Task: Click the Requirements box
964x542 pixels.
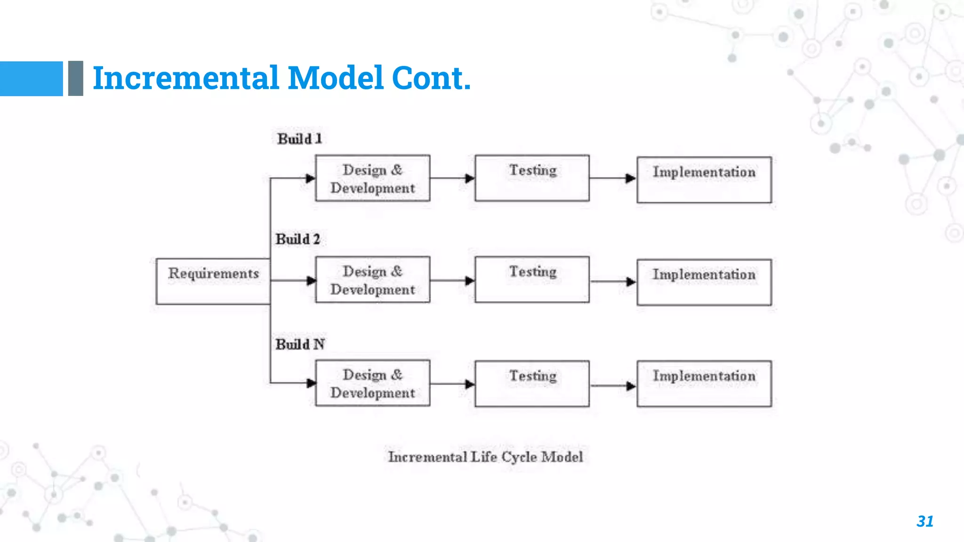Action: [213, 281]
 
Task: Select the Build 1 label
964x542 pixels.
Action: [299, 139]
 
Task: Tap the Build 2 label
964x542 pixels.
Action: [297, 239]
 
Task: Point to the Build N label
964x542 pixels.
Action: [300, 344]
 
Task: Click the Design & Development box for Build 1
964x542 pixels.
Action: [372, 178]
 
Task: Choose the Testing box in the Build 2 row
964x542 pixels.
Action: [532, 279]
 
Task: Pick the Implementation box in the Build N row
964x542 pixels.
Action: [704, 383]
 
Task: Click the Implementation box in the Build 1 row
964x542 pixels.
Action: [704, 180]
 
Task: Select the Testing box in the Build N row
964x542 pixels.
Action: [532, 383]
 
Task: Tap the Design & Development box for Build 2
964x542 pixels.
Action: [372, 279]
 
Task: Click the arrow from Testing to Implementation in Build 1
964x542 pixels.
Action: [612, 178]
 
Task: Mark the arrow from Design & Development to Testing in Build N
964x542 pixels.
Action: [452, 384]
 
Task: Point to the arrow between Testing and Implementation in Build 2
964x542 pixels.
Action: [612, 281]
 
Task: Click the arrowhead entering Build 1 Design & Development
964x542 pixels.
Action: [310, 178]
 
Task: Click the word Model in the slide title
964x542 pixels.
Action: [336, 78]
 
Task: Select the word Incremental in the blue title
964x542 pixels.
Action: [186, 78]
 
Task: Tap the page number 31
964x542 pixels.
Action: [925, 521]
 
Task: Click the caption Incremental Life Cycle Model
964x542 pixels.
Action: [485, 457]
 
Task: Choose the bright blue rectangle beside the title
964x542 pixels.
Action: [31, 79]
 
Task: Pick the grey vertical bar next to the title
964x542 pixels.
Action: [75, 79]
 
